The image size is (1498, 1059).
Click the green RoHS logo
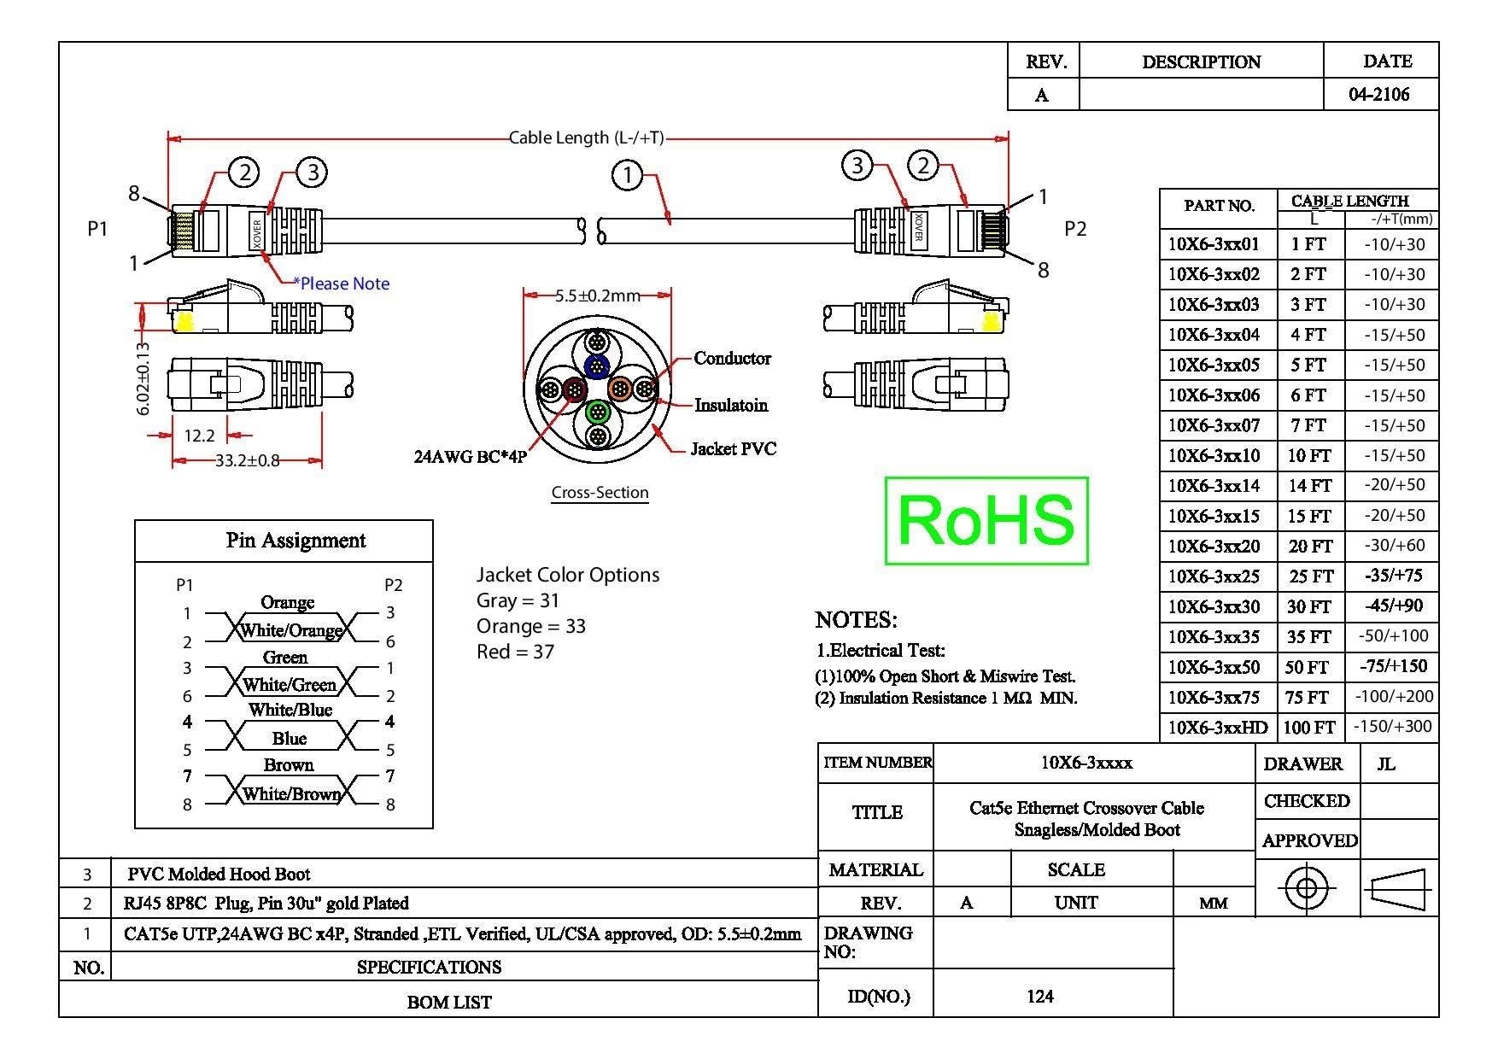pyautogui.click(x=986, y=520)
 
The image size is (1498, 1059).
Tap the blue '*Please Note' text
pyautogui.click(x=342, y=284)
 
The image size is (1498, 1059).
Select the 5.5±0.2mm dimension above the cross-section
pyautogui.click(x=598, y=295)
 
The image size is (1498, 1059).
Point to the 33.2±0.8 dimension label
pyautogui.click(x=248, y=461)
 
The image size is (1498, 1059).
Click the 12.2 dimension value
pyautogui.click(x=199, y=436)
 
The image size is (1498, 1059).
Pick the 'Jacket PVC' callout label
pyautogui.click(x=734, y=448)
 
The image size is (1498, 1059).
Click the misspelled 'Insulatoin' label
pyautogui.click(x=731, y=405)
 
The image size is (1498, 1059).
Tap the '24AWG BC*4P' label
pyautogui.click(x=471, y=457)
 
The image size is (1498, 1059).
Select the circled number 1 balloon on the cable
pyautogui.click(x=628, y=175)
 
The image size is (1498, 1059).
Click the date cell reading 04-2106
pyautogui.click(x=1379, y=94)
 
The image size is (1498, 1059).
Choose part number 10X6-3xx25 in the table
pyautogui.click(x=1214, y=576)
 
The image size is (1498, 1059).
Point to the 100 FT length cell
pyautogui.click(x=1308, y=728)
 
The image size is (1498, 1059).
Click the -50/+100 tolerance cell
pyautogui.click(x=1392, y=636)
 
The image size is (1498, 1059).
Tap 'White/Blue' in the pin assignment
pyautogui.click(x=290, y=710)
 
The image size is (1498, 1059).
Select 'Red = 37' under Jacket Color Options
pyautogui.click(x=516, y=652)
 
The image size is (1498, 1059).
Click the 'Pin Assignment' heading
pyautogui.click(x=296, y=541)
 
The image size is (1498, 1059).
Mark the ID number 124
pyautogui.click(x=1040, y=996)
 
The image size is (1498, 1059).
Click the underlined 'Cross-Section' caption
pyautogui.click(x=600, y=493)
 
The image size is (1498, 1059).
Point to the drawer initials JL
pyautogui.click(x=1386, y=764)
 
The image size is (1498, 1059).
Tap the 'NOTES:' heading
pyautogui.click(x=857, y=620)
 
